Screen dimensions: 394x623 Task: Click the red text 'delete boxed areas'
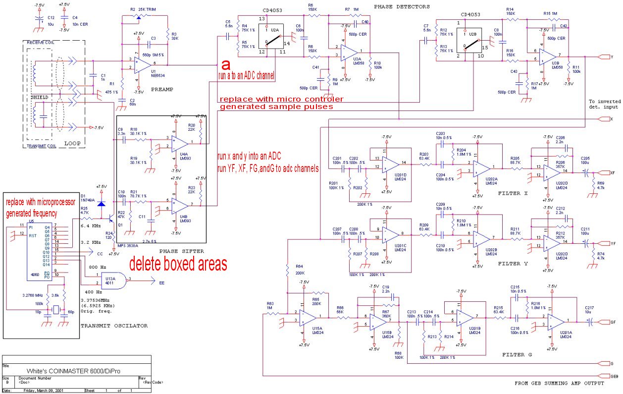pyautogui.click(x=178, y=263)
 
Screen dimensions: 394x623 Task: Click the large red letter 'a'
pyautogui.click(x=226, y=65)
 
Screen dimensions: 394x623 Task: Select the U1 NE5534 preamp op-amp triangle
pyautogui.click(x=142, y=63)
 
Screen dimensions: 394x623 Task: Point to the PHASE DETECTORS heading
pyautogui.click(x=402, y=6)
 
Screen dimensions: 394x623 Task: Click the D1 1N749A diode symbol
pyautogui.click(x=102, y=204)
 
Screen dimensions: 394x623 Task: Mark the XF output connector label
pyautogui.click(x=613, y=172)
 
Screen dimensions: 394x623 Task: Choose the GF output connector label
pyautogui.click(x=613, y=322)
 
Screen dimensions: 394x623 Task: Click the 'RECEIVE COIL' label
pyautogui.click(x=41, y=43)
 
